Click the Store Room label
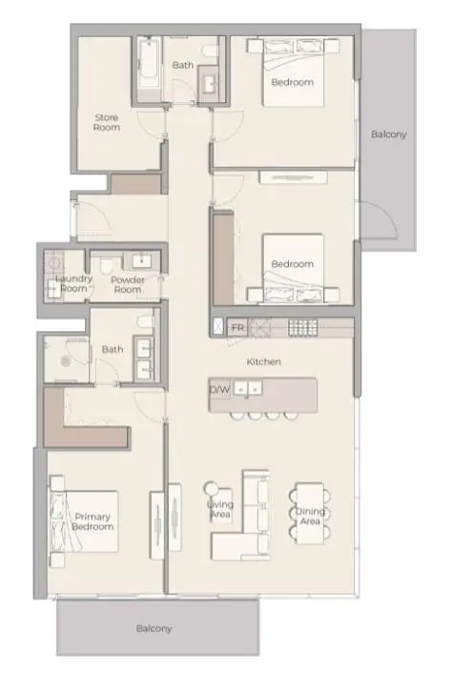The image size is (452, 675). [107, 122]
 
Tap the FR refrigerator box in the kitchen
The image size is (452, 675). [237, 327]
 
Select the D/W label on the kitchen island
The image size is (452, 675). [219, 390]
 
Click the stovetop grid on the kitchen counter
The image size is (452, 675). [303, 327]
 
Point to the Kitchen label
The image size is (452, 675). [264, 362]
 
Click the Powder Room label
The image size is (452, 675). [128, 284]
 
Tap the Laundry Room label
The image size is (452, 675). [73, 283]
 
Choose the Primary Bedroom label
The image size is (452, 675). [92, 522]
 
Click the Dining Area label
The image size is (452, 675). [310, 516]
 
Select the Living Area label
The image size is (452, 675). [220, 509]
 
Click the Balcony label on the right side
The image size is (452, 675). [389, 134]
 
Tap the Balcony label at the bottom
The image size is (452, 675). [154, 628]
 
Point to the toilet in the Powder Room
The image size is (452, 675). [106, 265]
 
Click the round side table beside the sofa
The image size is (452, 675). [212, 488]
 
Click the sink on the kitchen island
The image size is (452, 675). [248, 389]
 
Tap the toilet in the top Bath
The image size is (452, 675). [212, 51]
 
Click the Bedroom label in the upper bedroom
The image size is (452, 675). [293, 82]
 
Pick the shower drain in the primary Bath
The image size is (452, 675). [65, 360]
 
